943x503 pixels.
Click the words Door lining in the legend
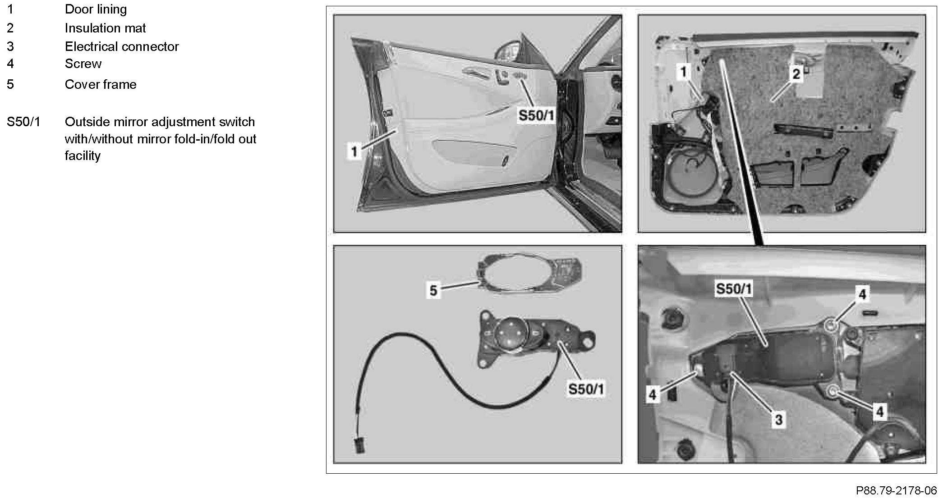click(x=96, y=9)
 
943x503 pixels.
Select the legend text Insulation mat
click(x=105, y=28)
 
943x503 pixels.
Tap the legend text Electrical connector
click(x=122, y=46)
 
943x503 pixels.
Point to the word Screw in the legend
click(x=83, y=64)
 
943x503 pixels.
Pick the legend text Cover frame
click(x=101, y=84)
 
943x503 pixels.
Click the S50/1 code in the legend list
click(x=23, y=122)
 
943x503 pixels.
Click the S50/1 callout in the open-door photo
click(x=536, y=115)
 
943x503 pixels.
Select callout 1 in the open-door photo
click(x=354, y=151)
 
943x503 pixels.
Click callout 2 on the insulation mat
click(x=796, y=74)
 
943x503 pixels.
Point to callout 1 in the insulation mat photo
click(x=684, y=71)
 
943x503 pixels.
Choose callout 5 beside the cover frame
click(x=433, y=290)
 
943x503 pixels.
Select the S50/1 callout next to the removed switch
click(x=585, y=389)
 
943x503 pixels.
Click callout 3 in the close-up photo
click(x=778, y=420)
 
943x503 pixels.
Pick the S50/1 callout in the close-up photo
click(x=734, y=289)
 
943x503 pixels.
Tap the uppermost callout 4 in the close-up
click(x=862, y=294)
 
